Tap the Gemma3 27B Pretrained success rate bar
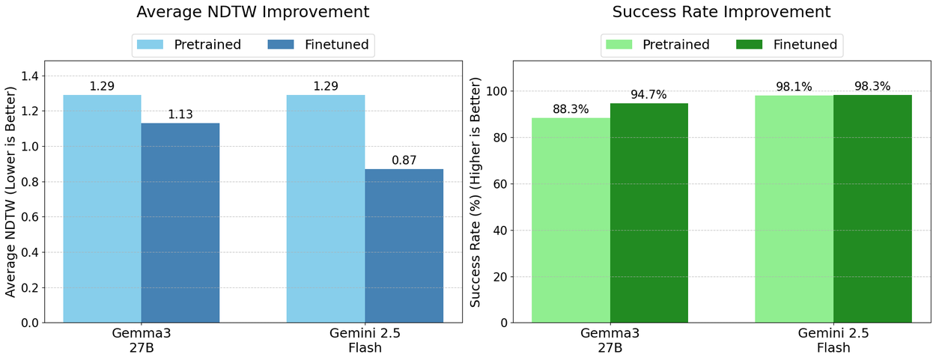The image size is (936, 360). (571, 220)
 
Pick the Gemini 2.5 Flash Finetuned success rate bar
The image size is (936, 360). (872, 209)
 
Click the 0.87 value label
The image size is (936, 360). (404, 160)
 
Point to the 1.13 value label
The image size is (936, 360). (180, 115)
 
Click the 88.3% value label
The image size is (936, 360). (571, 109)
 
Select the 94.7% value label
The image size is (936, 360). (648, 94)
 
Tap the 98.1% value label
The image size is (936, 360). (794, 87)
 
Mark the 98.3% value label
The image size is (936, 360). (872, 86)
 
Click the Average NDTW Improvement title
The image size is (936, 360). (252, 12)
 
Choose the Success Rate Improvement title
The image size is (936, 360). (721, 12)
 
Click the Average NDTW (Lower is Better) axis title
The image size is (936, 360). (10, 192)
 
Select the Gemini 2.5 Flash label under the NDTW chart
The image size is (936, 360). (365, 341)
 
